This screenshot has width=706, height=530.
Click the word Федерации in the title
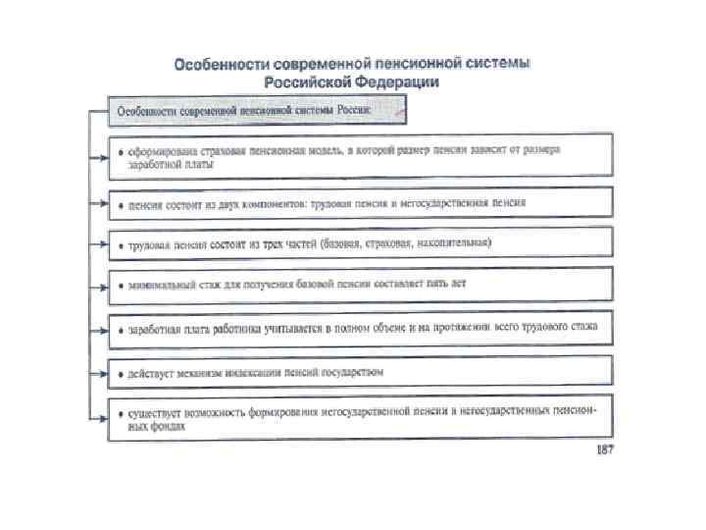click(395, 82)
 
